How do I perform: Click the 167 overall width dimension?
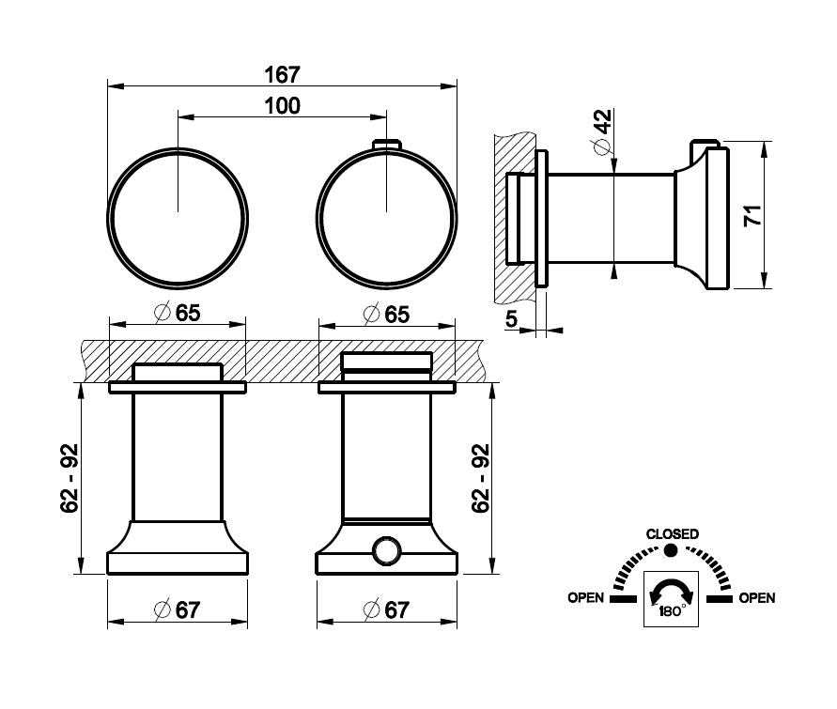tap(283, 75)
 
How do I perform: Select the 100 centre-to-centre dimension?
tap(283, 105)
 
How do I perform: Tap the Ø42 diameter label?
tap(601, 131)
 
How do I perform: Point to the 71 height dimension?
tap(752, 215)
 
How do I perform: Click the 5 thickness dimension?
tap(511, 319)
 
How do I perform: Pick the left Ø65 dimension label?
tap(177, 313)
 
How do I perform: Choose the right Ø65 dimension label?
tap(386, 314)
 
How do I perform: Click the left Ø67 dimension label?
tap(177, 609)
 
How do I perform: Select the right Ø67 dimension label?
tap(386, 609)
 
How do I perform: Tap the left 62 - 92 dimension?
tap(70, 479)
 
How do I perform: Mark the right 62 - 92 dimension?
tap(480, 479)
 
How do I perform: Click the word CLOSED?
tap(672, 534)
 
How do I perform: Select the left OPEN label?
tap(585, 597)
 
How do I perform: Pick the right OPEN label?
tap(757, 597)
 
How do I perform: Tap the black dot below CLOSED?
tap(671, 550)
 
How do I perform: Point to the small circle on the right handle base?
tap(386, 551)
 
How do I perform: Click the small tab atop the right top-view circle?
tap(386, 145)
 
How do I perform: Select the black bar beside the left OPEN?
tap(623, 599)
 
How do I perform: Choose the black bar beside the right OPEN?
tap(720, 599)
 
